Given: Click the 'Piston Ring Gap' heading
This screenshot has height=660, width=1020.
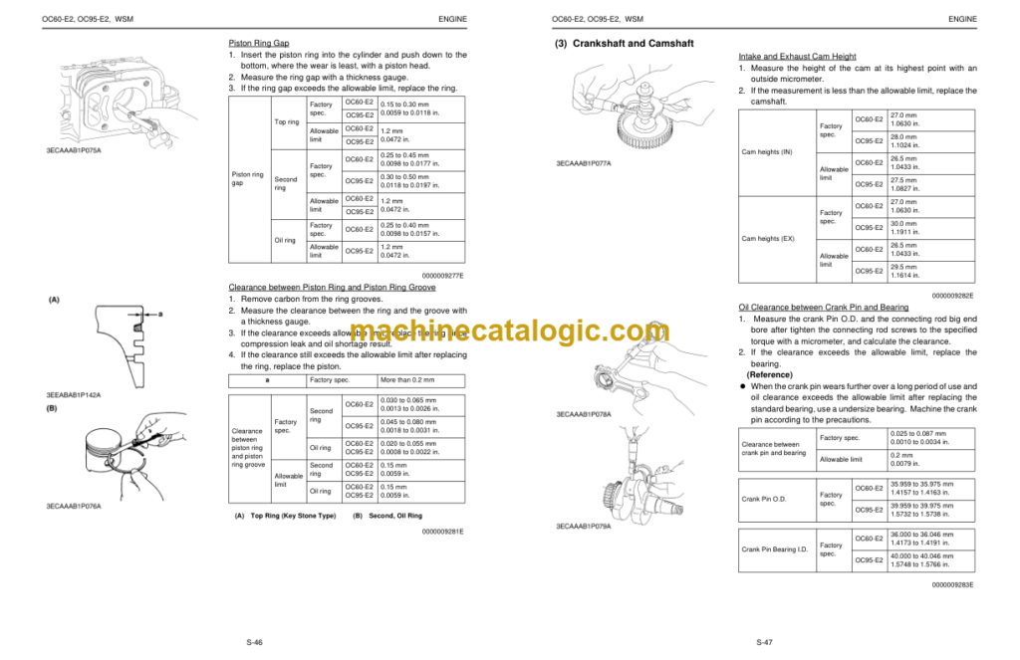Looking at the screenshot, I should [259, 43].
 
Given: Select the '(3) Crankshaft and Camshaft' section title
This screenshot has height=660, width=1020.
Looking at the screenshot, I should [625, 44].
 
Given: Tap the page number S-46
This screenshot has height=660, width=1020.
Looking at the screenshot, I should [254, 643].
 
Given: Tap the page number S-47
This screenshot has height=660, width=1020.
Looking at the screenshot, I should [764, 643].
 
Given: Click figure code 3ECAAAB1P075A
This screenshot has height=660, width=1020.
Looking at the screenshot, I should [73, 150].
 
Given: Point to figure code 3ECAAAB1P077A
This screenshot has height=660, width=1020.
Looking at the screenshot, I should [584, 163].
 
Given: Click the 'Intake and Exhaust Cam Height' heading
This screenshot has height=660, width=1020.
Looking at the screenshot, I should [796, 57].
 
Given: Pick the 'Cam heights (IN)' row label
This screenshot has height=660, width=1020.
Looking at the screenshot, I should [767, 151].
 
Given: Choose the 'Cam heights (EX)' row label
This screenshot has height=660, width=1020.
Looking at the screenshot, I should [767, 239].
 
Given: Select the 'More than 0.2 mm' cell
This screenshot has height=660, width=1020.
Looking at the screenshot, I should [407, 380].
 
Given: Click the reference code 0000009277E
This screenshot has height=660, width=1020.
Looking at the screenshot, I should [443, 276].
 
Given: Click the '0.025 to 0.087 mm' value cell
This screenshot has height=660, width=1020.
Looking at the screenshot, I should [918, 434].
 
